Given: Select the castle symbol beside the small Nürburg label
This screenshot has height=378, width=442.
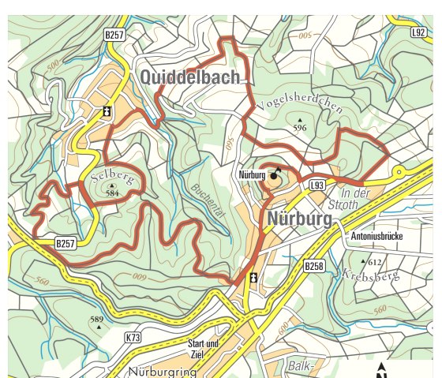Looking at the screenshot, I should pyautogui.click(x=275, y=175).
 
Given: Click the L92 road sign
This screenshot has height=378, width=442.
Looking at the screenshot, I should pyautogui.click(x=419, y=33).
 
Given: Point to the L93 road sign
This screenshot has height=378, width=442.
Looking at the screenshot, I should pyautogui.click(x=317, y=185).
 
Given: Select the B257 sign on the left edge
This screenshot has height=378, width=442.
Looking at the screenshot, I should pyautogui.click(x=66, y=245).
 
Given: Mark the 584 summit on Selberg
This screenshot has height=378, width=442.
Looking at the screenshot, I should pyautogui.click(x=112, y=189).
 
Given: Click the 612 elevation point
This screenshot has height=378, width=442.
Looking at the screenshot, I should pyautogui.click(x=365, y=260).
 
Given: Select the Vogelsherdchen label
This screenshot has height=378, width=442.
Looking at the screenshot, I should pyautogui.click(x=300, y=103).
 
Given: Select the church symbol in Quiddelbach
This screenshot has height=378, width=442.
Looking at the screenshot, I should pyautogui.click(x=107, y=112).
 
